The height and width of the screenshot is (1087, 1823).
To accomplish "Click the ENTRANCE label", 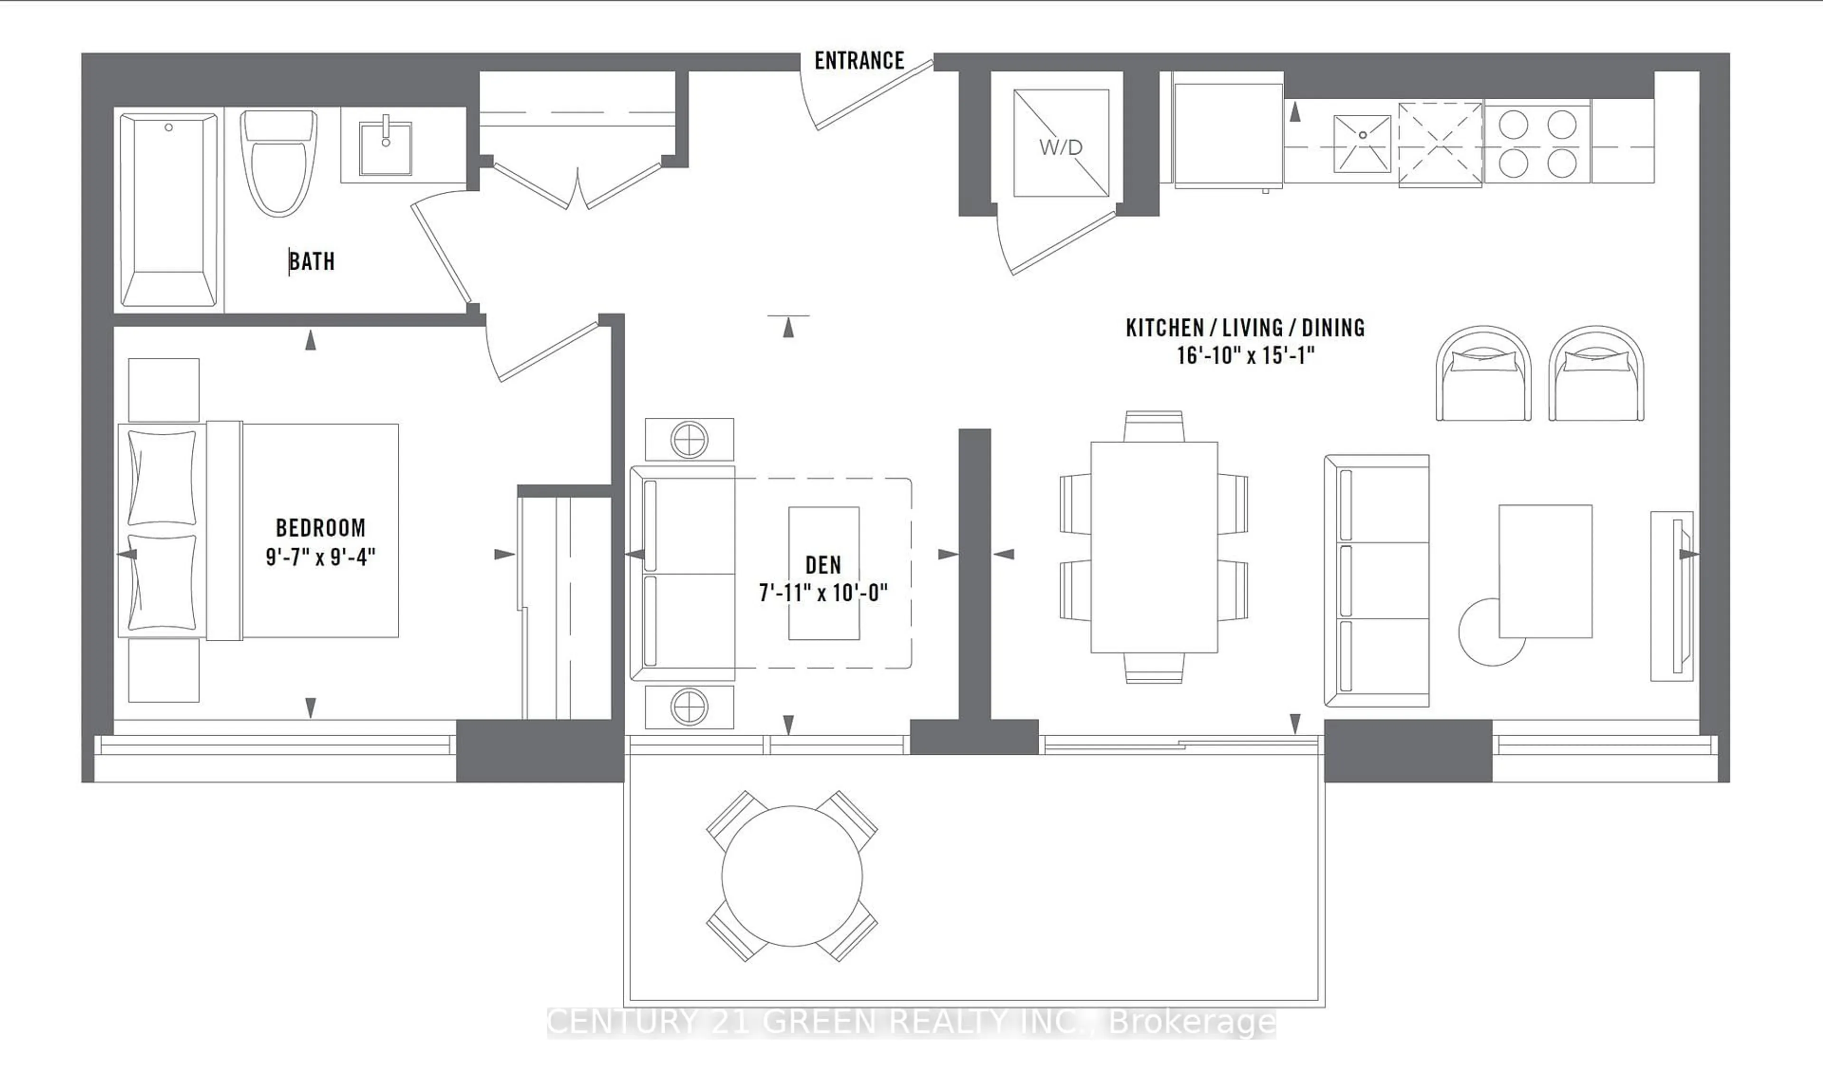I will pos(859,61).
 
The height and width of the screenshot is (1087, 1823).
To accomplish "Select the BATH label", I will pos(312,262).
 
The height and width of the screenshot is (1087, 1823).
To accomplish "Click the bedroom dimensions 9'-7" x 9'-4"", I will pos(320,557).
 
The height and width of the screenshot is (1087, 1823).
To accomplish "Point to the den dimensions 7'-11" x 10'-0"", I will pos(823,592).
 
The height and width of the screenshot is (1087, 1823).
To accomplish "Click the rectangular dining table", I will pos(1154,546).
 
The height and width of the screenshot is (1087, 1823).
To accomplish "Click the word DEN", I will pos(823,565).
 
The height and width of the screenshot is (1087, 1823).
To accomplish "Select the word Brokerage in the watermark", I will pos(1193,1022).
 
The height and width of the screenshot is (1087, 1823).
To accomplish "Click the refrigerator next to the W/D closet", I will pos(1228,134).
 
